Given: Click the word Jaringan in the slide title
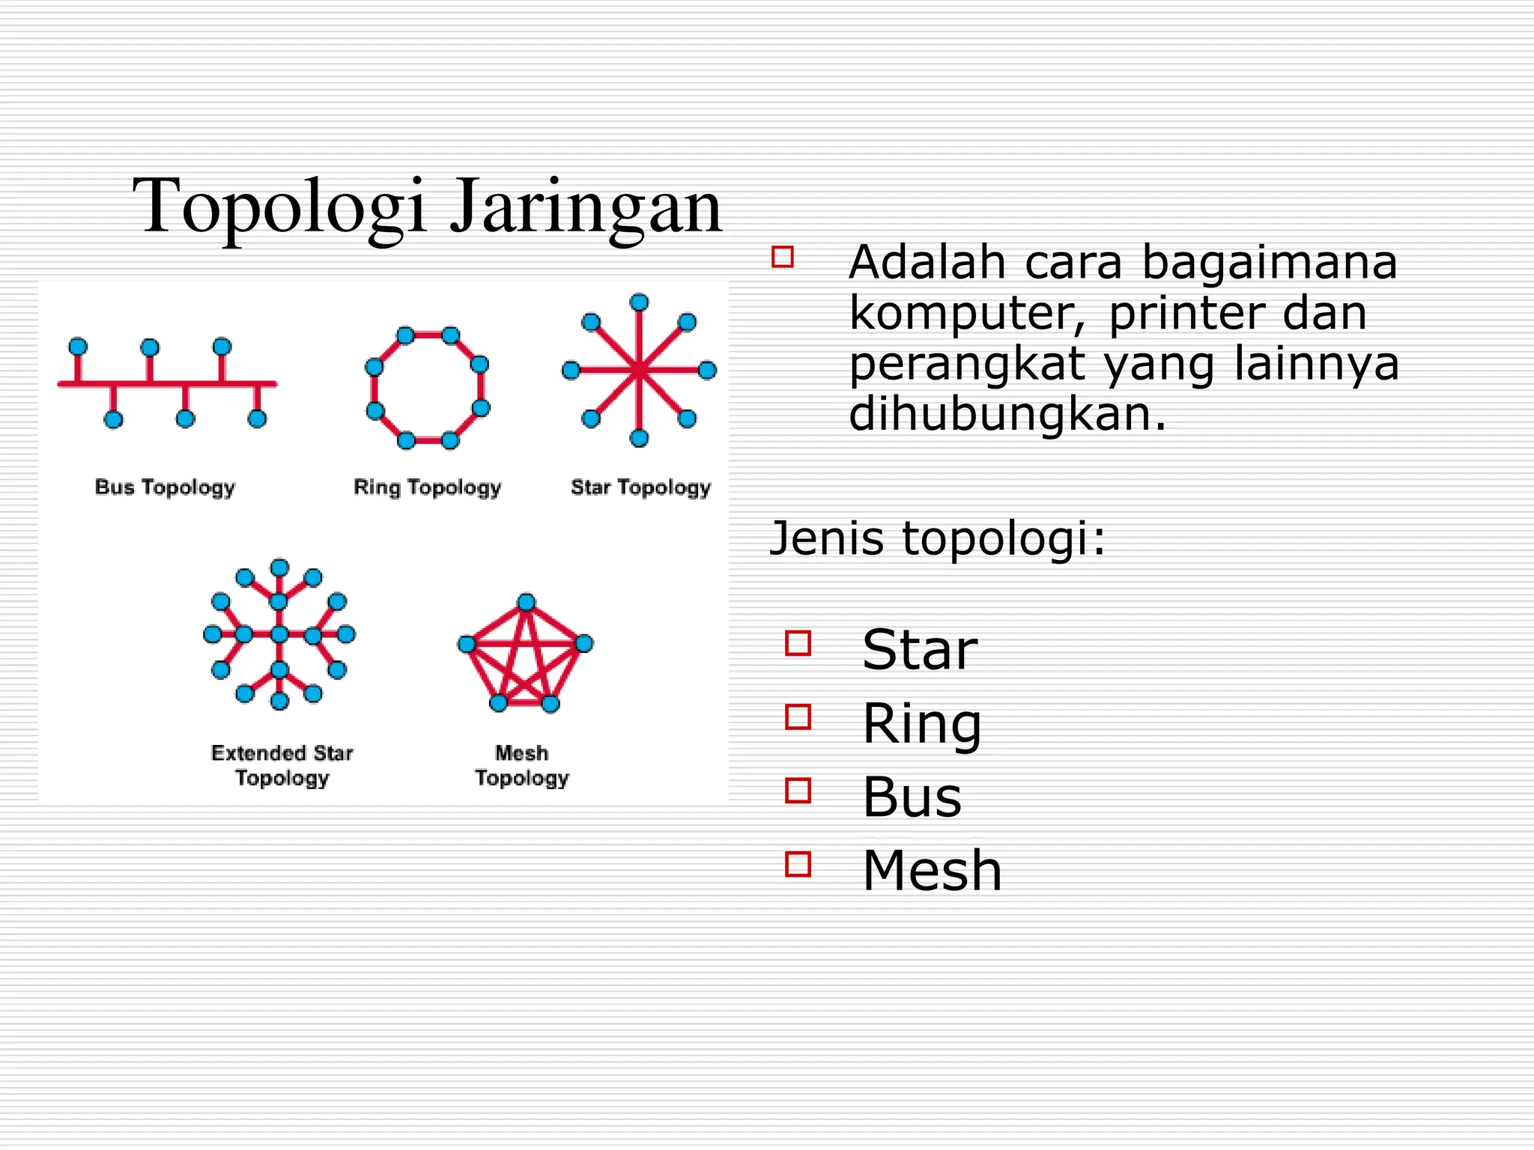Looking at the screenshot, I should [x=585, y=206].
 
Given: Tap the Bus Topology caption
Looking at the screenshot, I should [x=165, y=487].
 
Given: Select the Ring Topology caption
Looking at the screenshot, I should [x=427, y=487].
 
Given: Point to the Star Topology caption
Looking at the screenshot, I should [x=640, y=487].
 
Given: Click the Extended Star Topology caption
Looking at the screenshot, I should [x=282, y=765].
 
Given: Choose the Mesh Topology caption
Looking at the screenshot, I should [x=522, y=765].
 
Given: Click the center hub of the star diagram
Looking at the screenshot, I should [x=639, y=370].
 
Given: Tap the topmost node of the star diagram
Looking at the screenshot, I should [x=639, y=302].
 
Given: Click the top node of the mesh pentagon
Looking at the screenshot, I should [x=527, y=603].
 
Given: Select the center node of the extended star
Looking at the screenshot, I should [x=279, y=635].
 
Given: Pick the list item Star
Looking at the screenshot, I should [x=920, y=649].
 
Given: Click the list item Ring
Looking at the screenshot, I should [x=922, y=723].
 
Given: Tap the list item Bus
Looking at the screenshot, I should [x=912, y=797].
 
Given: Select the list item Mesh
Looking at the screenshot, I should [x=932, y=870].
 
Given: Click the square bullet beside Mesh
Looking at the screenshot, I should [x=798, y=865].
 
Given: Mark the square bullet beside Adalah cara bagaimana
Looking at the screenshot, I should [x=783, y=257].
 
